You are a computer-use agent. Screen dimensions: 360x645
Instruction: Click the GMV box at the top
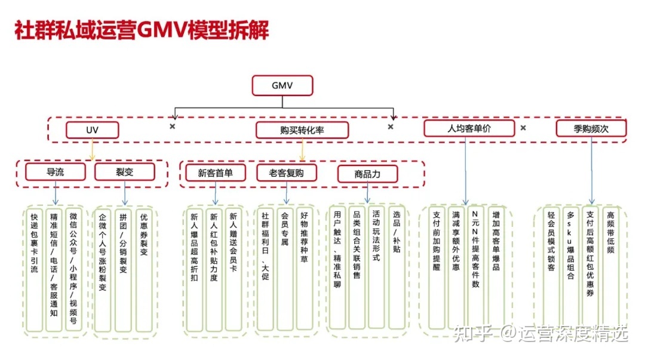282,86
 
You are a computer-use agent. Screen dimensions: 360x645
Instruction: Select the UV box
92,130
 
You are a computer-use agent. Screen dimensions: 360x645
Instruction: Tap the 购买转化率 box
302,130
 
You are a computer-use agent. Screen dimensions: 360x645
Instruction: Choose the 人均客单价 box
469,128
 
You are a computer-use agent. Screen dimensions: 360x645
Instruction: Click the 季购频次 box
591,128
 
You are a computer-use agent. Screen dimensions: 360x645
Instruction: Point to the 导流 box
56,172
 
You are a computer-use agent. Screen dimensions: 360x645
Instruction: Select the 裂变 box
124,172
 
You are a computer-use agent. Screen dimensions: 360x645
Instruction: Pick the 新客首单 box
215,173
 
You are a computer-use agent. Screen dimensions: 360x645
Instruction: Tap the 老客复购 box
286,173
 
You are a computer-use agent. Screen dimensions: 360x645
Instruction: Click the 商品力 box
367,174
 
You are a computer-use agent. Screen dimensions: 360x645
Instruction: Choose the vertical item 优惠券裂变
143,239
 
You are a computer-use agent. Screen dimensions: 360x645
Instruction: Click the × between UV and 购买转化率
172,127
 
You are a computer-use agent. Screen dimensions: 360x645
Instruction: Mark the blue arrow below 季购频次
591,173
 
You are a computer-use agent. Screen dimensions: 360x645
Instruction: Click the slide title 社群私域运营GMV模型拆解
142,30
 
